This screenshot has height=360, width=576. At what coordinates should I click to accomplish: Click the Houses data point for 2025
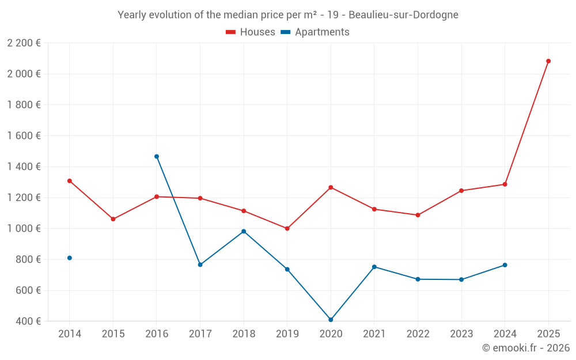(548, 61)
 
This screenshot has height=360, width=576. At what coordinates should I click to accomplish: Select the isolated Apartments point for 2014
(70, 258)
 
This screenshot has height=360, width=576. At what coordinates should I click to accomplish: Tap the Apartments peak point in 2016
(157, 157)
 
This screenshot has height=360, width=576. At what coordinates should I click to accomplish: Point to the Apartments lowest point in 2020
(331, 320)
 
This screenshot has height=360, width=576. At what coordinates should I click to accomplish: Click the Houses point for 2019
(287, 229)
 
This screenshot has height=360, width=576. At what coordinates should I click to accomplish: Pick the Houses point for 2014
(70, 181)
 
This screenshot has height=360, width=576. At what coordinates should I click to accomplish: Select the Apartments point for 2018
(244, 232)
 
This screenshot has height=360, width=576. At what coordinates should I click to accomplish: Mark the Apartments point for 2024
(505, 265)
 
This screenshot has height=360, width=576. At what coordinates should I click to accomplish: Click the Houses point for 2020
(331, 187)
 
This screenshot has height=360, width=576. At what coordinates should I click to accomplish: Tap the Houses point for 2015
(113, 219)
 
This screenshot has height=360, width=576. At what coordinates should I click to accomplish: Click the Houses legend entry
(251, 32)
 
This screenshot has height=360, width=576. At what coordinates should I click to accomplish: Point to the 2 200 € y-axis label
(24, 43)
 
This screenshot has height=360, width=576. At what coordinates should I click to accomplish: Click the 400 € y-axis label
(28, 321)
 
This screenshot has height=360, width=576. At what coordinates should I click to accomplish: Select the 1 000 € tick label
(24, 229)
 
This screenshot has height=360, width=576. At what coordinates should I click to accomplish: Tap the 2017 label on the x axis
(200, 334)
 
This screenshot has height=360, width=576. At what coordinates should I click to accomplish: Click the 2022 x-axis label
(418, 334)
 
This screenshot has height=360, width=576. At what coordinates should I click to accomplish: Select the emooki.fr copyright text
(525, 348)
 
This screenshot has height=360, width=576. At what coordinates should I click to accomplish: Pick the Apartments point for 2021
(374, 267)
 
